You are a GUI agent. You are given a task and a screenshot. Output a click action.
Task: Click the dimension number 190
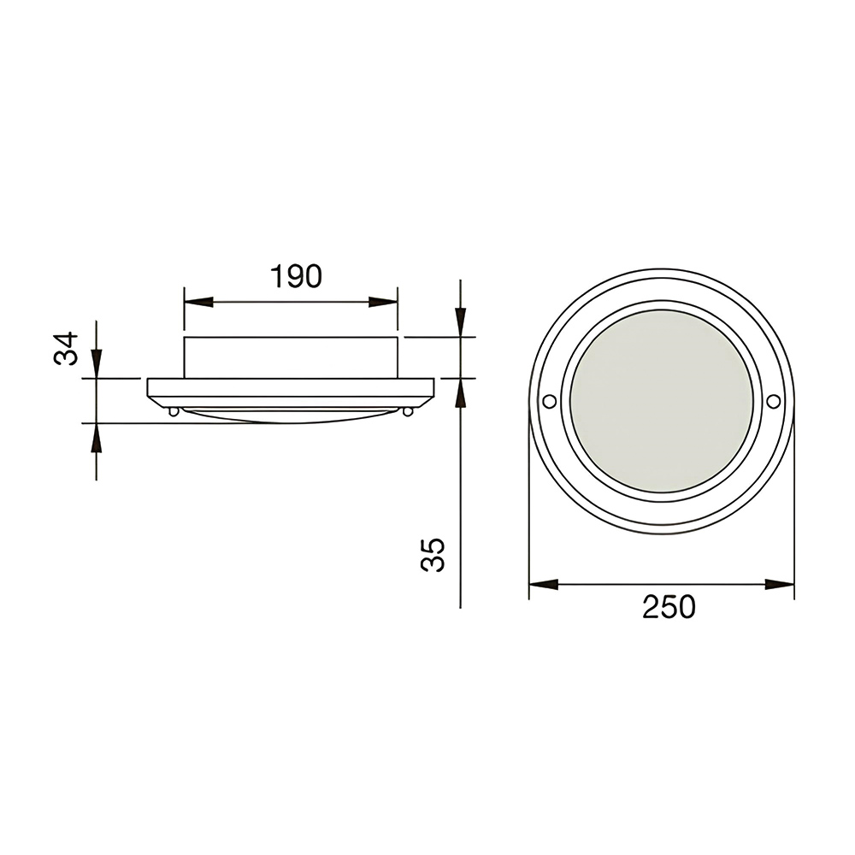(x=296, y=276)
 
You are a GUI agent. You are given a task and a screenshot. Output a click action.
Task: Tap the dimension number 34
(x=67, y=349)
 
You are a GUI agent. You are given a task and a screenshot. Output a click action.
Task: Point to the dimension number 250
(x=669, y=607)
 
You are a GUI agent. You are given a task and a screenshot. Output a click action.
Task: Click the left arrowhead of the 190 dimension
(x=198, y=302)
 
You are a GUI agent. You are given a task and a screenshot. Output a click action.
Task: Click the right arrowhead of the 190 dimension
(x=383, y=302)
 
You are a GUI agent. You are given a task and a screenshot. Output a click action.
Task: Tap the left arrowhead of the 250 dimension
(x=544, y=585)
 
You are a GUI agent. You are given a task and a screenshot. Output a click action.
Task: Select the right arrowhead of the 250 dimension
(x=780, y=585)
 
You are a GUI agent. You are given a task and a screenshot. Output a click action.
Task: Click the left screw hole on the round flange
(x=550, y=401)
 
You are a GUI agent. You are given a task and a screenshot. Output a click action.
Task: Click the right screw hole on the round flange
(x=773, y=401)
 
